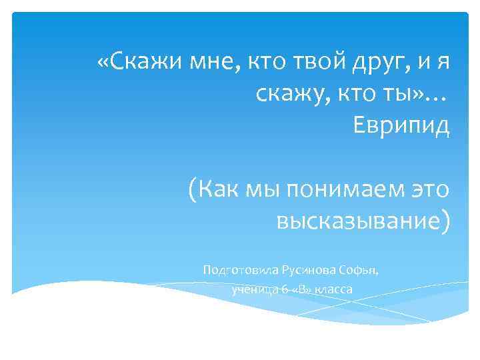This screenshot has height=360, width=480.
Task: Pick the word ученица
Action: (251, 289)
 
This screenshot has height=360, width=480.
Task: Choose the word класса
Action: (333, 289)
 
